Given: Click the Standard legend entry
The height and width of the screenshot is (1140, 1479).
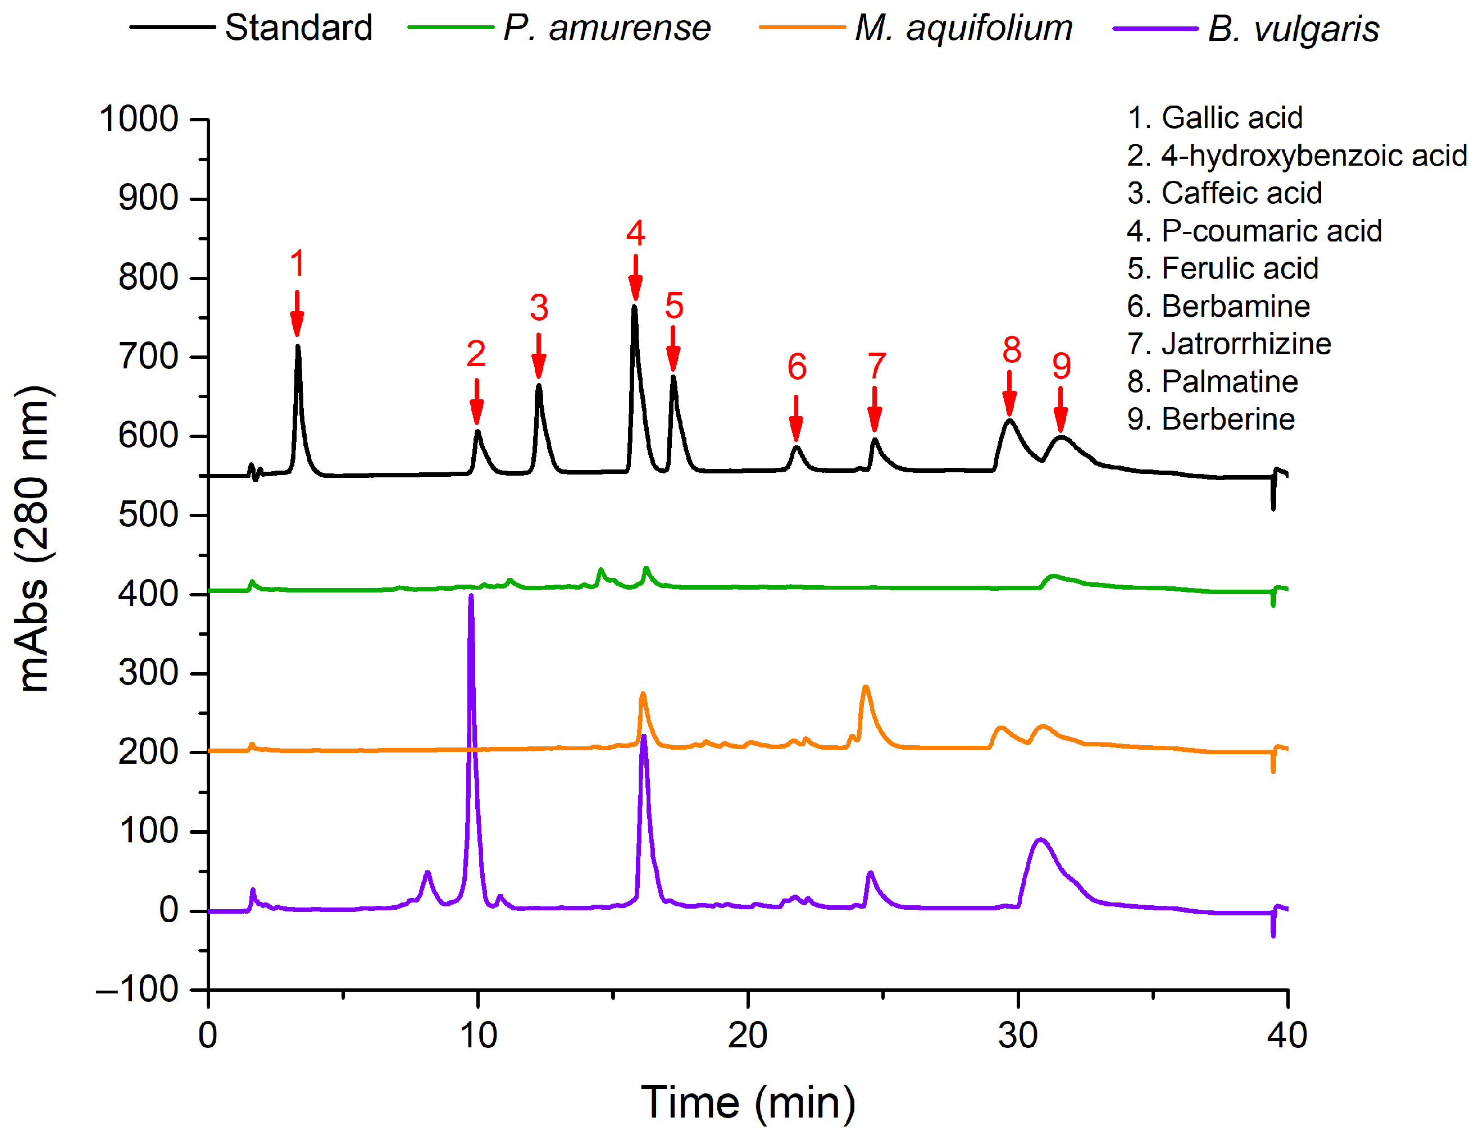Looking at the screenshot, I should (x=298, y=29).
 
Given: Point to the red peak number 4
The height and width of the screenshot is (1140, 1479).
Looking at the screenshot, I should (x=635, y=233).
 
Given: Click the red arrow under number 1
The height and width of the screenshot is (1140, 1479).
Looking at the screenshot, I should (x=297, y=313).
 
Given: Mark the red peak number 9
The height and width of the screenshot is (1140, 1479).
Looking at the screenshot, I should (x=1061, y=366).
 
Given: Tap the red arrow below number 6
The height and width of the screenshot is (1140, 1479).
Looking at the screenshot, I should (x=797, y=418).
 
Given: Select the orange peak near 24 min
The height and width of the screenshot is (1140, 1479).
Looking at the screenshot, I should (x=866, y=688).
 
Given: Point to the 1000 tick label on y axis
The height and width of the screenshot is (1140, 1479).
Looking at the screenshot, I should (x=139, y=119).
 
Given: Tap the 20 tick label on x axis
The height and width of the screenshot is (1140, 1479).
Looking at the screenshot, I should (x=748, y=1035).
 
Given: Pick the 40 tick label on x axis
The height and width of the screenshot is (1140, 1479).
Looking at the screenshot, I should (x=1287, y=1035).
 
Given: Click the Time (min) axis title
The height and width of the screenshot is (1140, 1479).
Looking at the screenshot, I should (x=748, y=1102).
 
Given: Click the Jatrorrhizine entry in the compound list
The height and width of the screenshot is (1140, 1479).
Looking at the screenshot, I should (x=1228, y=344).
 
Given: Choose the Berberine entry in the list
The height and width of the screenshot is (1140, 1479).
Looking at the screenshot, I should (x=1211, y=419).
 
